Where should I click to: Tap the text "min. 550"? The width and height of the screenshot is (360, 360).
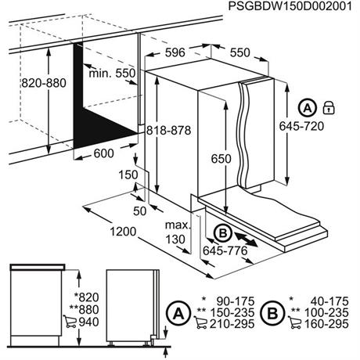coord(113,73)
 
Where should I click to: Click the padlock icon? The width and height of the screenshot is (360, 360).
coord(329,106)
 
